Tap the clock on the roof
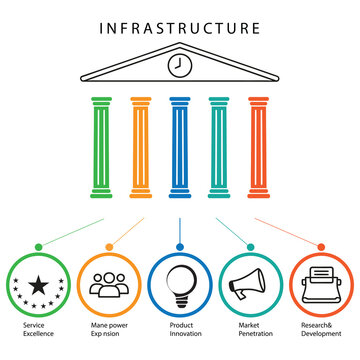coord(180,66)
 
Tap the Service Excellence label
coord(39,330)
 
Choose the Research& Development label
coord(321,330)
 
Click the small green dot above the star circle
coord(38,246)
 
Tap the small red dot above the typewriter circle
coord(321,246)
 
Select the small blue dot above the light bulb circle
coord(180,246)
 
